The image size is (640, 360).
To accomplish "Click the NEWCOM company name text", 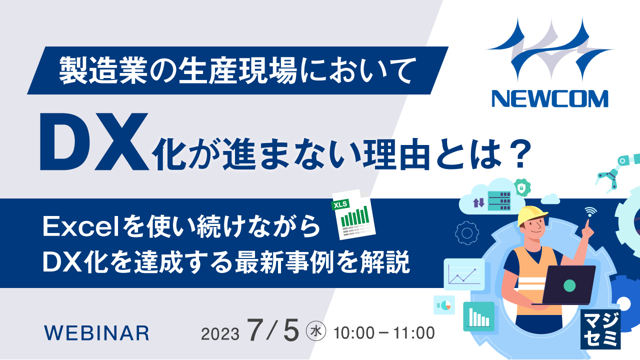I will (x=549, y=98).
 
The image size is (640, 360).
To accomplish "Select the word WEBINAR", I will (x=96, y=333).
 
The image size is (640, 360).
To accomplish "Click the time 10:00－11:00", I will (x=384, y=332).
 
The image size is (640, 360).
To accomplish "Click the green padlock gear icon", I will (x=522, y=188).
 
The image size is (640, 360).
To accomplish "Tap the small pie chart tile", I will (x=444, y=304).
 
